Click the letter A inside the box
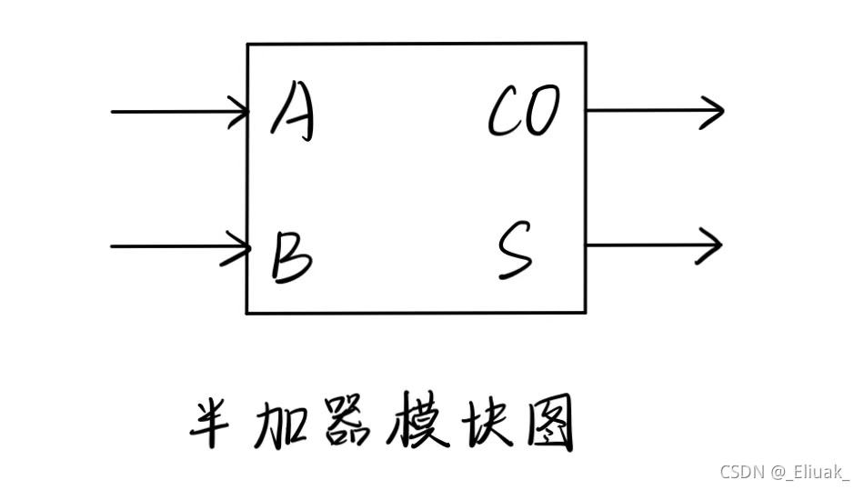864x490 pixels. click(293, 114)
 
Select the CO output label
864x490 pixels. click(524, 112)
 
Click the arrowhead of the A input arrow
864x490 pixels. click(241, 112)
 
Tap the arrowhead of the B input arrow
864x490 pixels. click(241, 245)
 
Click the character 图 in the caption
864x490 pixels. click(549, 425)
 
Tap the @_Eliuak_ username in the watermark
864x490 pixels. click(810, 471)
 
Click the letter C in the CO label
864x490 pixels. click(505, 113)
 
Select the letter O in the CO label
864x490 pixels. click(543, 112)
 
